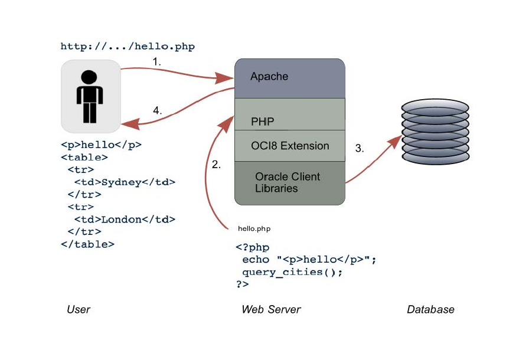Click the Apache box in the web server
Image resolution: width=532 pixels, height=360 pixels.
[289, 78]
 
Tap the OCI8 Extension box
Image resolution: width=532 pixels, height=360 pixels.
[289, 146]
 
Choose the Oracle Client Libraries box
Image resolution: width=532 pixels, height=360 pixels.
[289, 182]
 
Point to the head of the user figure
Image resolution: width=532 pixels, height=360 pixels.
[89, 77]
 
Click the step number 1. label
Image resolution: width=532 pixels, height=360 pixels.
[157, 61]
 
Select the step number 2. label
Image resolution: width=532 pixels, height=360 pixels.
[216, 165]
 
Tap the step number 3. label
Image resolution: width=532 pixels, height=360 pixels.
[360, 149]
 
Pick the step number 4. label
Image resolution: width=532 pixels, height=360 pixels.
[157, 110]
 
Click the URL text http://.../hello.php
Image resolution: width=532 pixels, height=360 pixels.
[128, 46]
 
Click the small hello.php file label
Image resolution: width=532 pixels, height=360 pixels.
[254, 228]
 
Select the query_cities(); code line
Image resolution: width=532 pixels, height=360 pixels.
[292, 272]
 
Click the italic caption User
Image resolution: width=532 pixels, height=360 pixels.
[79, 309]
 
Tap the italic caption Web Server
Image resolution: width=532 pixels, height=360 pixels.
[271, 309]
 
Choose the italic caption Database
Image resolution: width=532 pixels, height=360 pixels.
[430, 309]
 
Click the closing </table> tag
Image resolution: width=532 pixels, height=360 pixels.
[87, 244]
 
